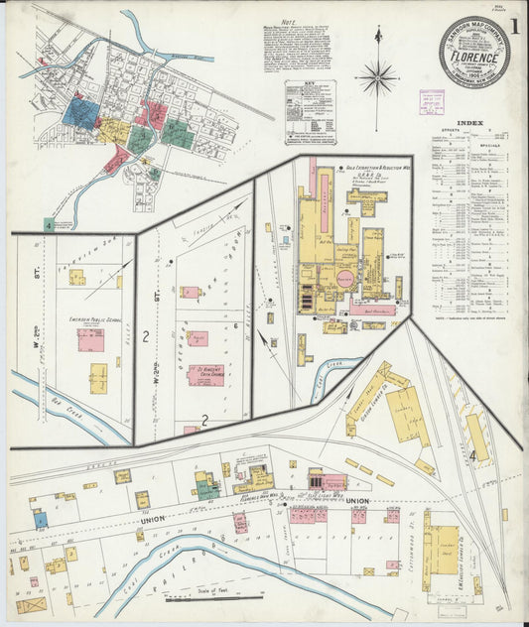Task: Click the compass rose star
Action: click(x=376, y=76)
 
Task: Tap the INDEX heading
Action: click(x=469, y=123)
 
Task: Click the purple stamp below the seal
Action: click(x=432, y=100)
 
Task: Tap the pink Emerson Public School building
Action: click(x=91, y=340)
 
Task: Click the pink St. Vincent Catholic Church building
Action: click(x=205, y=374)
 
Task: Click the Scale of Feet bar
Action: click(x=198, y=597)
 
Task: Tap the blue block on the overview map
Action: click(x=79, y=112)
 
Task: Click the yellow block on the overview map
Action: click(x=115, y=130)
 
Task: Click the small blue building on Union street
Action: click(x=41, y=519)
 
